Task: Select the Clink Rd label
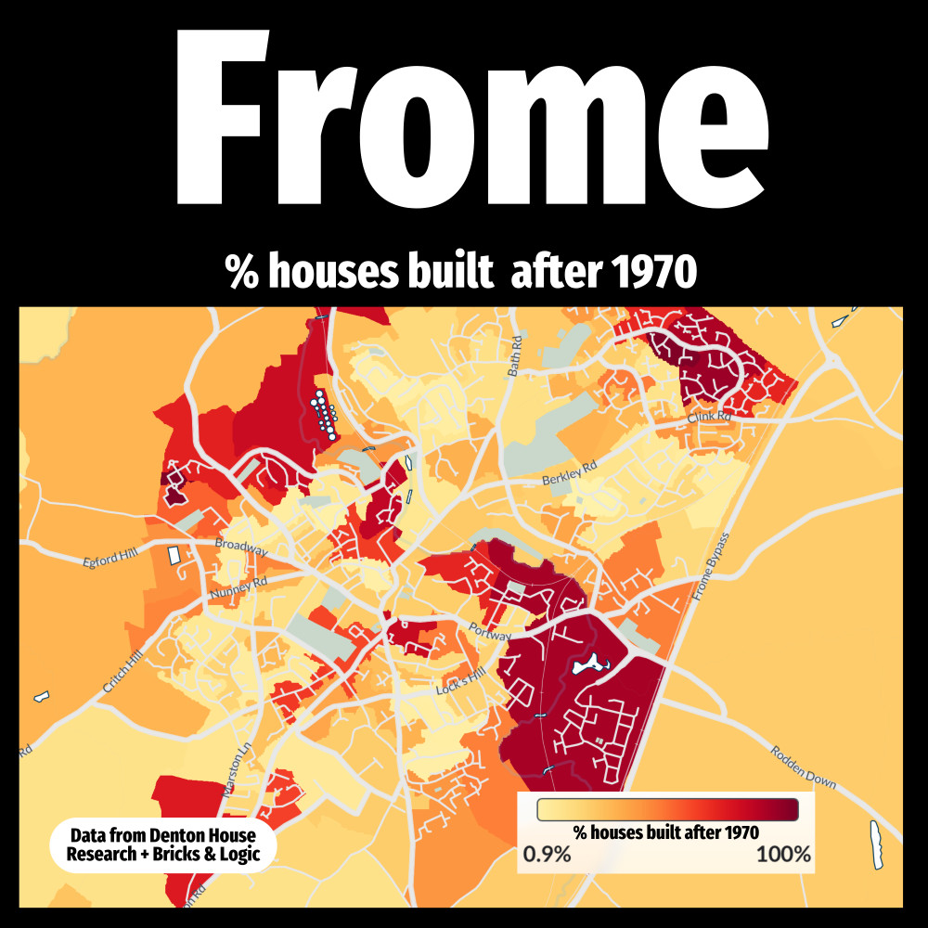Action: coord(710,419)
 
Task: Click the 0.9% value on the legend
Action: coord(547,855)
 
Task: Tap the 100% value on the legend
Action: coord(783,855)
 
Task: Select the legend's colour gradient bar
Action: coord(667,809)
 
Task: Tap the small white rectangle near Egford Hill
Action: coord(173,555)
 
